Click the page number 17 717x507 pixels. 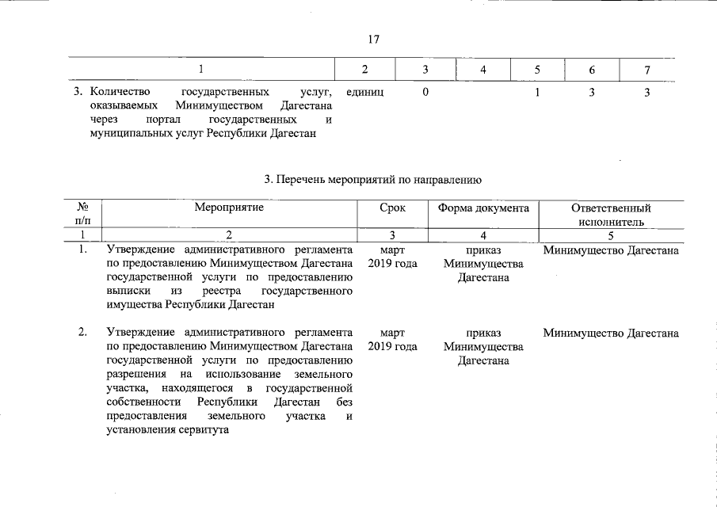point(374,40)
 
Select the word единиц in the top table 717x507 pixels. point(365,93)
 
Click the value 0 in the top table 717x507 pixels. point(426,93)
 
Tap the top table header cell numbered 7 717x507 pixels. point(647,70)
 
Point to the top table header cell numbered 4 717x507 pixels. point(482,70)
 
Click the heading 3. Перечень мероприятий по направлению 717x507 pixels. point(373,180)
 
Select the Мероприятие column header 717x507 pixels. point(229,208)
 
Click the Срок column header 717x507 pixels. point(392,208)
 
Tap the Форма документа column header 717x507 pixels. point(482,208)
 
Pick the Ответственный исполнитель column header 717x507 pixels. point(610,215)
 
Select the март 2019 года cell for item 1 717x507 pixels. point(392,257)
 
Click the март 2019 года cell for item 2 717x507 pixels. point(392,340)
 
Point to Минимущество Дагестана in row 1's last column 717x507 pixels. point(610,250)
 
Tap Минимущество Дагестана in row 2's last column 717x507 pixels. point(610,334)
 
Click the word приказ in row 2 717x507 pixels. point(483,334)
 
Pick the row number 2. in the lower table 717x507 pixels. point(82,333)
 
